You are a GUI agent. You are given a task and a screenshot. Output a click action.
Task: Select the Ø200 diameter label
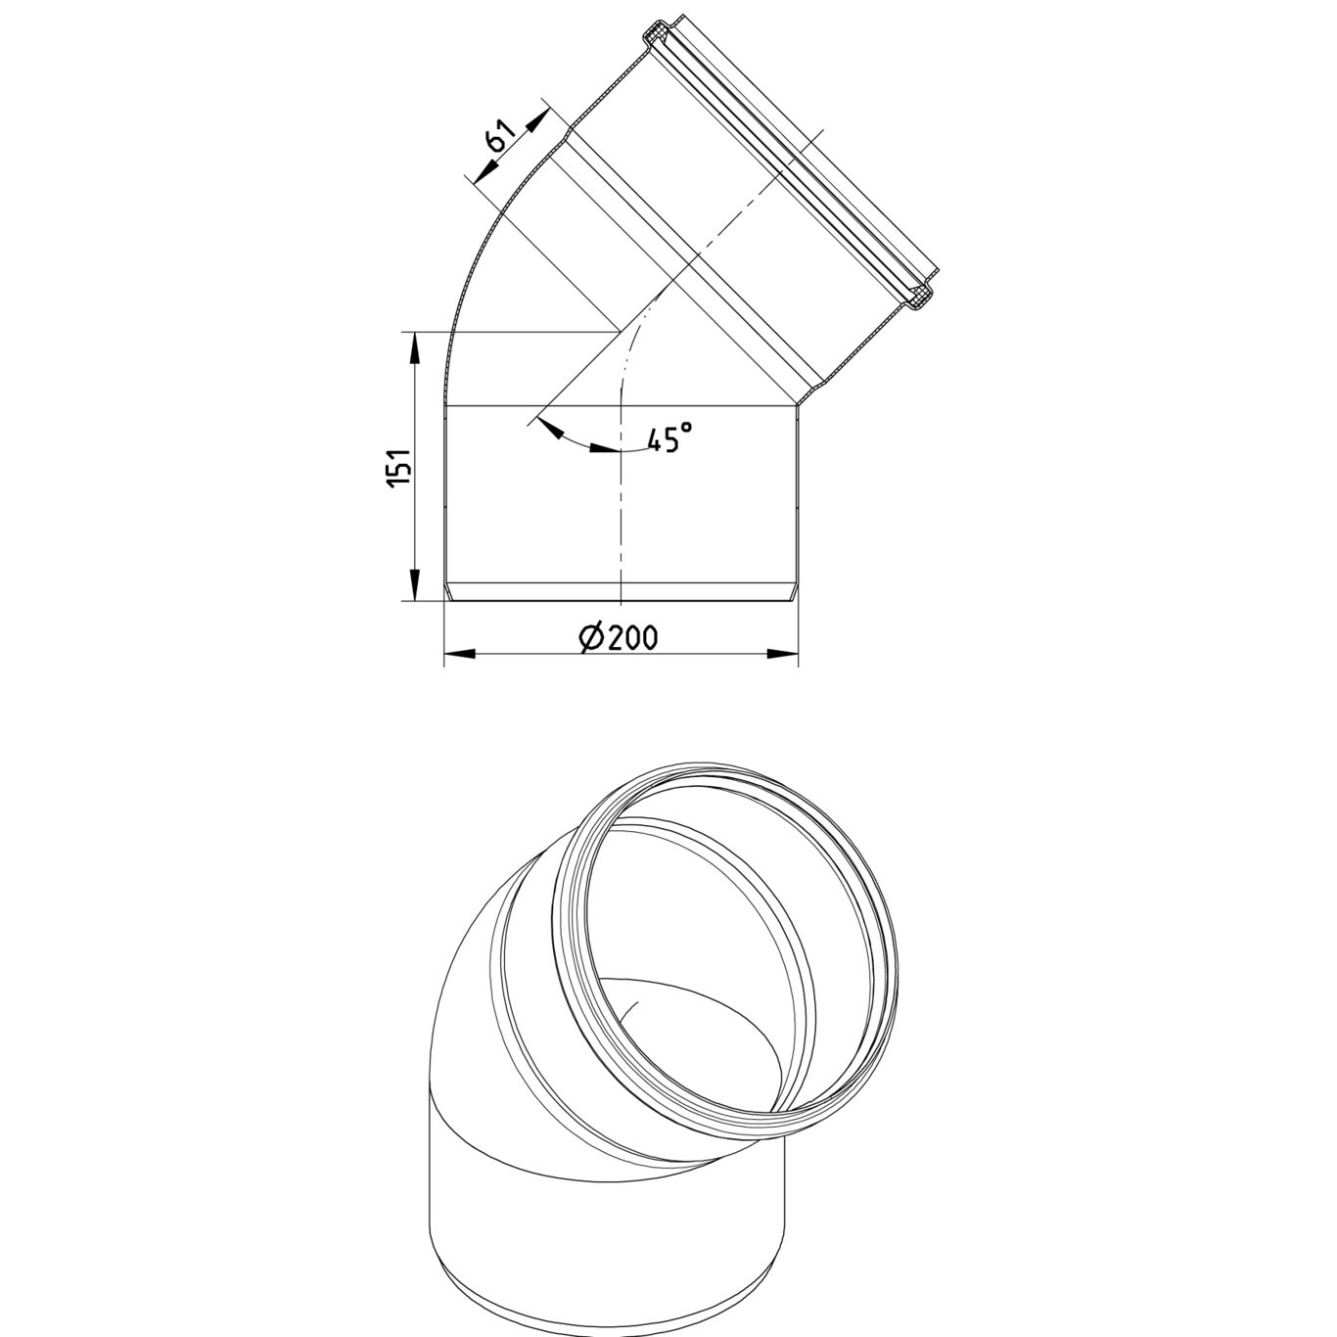[x=617, y=637]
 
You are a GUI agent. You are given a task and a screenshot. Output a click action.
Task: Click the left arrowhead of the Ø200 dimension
[x=460, y=653]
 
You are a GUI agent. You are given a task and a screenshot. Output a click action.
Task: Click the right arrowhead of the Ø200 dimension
[x=783, y=653]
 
